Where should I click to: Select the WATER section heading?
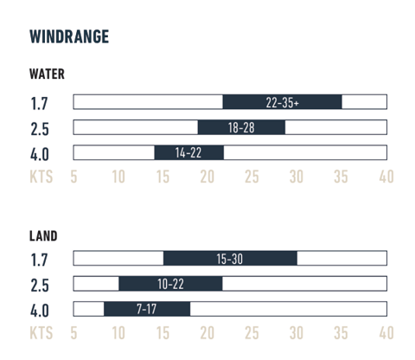coord(47,74)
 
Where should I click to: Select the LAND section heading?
coord(43,235)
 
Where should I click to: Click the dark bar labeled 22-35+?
coord(282,102)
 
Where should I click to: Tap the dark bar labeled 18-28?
coord(241,127)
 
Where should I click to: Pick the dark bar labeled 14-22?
coord(188,153)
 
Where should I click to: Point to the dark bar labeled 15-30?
coord(230,258)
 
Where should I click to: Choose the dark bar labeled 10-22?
coord(170,284)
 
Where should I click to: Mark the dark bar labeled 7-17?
coord(146,309)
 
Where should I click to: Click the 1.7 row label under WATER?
coord(39,104)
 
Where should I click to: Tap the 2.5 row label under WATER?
coord(39,129)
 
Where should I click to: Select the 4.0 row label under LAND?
coord(39,311)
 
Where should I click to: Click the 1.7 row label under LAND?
coord(39,260)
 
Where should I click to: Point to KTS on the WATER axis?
coord(41,177)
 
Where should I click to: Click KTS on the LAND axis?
coord(41,332)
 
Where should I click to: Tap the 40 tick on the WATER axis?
coord(386,177)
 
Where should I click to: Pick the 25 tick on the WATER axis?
coord(252,177)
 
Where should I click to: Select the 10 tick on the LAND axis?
coord(118,332)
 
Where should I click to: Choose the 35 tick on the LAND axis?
coord(341,332)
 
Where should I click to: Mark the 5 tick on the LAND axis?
coord(73,332)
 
